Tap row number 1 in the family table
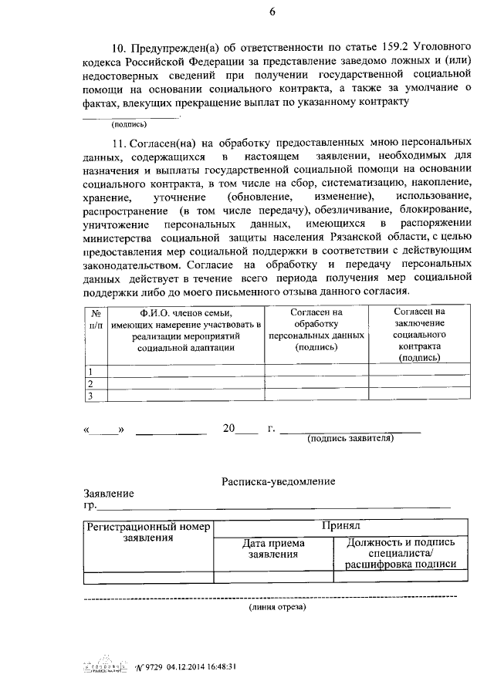pyautogui.click(x=90, y=371)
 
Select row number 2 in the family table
pyautogui.click(x=90, y=383)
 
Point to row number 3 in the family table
pyautogui.click(x=90, y=396)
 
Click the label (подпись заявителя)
pyautogui.click(x=350, y=438)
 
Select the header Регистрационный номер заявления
pyautogui.click(x=148, y=532)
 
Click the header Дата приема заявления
pyautogui.click(x=272, y=548)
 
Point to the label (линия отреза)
pyautogui.click(x=277, y=607)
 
